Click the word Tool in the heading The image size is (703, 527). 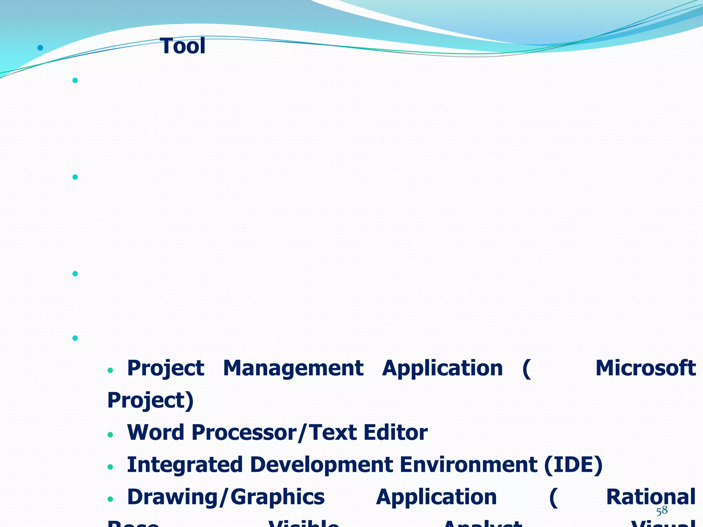pyautogui.click(x=183, y=46)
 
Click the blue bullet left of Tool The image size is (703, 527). pyautogui.click(x=41, y=48)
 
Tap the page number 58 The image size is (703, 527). pyautogui.click(x=662, y=511)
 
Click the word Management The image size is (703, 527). pyautogui.click(x=293, y=368)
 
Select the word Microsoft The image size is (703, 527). pyautogui.click(x=645, y=368)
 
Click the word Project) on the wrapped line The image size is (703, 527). pyautogui.click(x=150, y=401)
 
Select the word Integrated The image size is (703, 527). pyautogui.click(x=185, y=465)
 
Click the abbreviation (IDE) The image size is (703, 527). pyautogui.click(x=573, y=465)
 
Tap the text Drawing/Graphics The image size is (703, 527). pyautogui.click(x=226, y=497)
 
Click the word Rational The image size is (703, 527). pyautogui.click(x=650, y=497)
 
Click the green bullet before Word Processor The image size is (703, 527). pyautogui.click(x=110, y=435)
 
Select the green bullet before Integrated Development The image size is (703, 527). pyautogui.click(x=110, y=467)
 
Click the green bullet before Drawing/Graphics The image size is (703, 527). pyautogui.click(x=110, y=499)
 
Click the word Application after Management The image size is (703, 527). pyautogui.click(x=442, y=368)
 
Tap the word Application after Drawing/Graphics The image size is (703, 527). pyautogui.click(x=436, y=497)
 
